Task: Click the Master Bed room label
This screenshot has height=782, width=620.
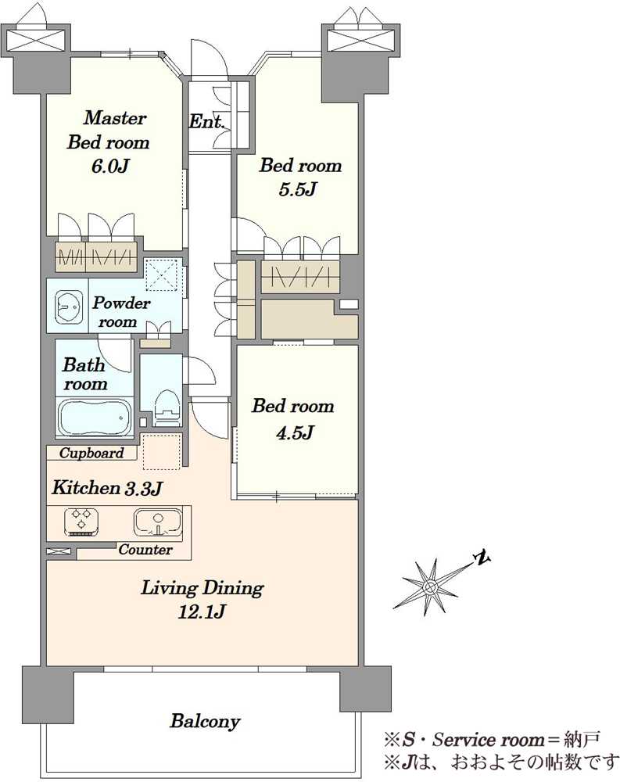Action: coord(108,130)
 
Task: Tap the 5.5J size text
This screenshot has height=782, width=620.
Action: coord(298,189)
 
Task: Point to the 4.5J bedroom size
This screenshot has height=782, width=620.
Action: coord(295,432)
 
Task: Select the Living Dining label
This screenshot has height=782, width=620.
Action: coord(202,588)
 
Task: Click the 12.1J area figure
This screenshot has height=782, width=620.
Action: coord(202,611)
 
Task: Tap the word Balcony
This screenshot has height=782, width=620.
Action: coord(205,721)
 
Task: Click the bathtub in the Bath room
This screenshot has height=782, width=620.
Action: coord(95,418)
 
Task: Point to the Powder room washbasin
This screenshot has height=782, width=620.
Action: coord(68,307)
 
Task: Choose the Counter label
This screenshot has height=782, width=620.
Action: coord(145,550)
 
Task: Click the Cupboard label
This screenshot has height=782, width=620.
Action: coord(91,453)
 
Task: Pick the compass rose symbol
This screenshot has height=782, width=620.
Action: coord(428,586)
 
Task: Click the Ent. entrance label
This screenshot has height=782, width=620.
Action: coord(206,122)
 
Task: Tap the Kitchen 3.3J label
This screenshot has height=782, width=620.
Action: coord(107,488)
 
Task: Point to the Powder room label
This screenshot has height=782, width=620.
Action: coord(121,312)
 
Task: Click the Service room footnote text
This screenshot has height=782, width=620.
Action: coord(491,740)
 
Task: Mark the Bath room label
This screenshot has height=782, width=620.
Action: coord(84,374)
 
